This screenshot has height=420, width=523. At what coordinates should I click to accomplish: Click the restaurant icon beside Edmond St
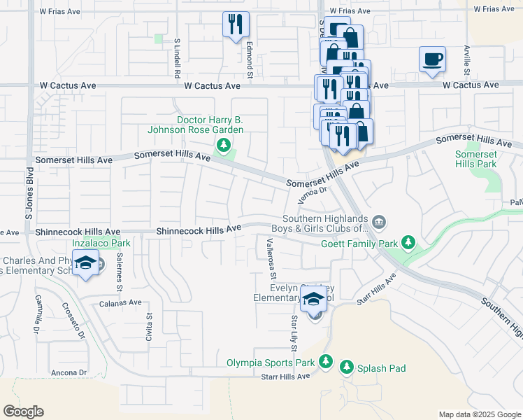point(236,24)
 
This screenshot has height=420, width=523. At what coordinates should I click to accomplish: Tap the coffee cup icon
point(431,59)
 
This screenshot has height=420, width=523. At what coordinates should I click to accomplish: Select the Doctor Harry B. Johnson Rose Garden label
point(195,125)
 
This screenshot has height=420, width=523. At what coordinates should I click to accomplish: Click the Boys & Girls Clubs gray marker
point(378,223)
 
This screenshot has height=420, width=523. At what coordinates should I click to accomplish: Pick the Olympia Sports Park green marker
point(325,362)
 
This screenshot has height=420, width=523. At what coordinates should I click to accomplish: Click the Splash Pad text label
point(381,368)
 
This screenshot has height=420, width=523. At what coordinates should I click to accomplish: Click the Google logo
point(23,412)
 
